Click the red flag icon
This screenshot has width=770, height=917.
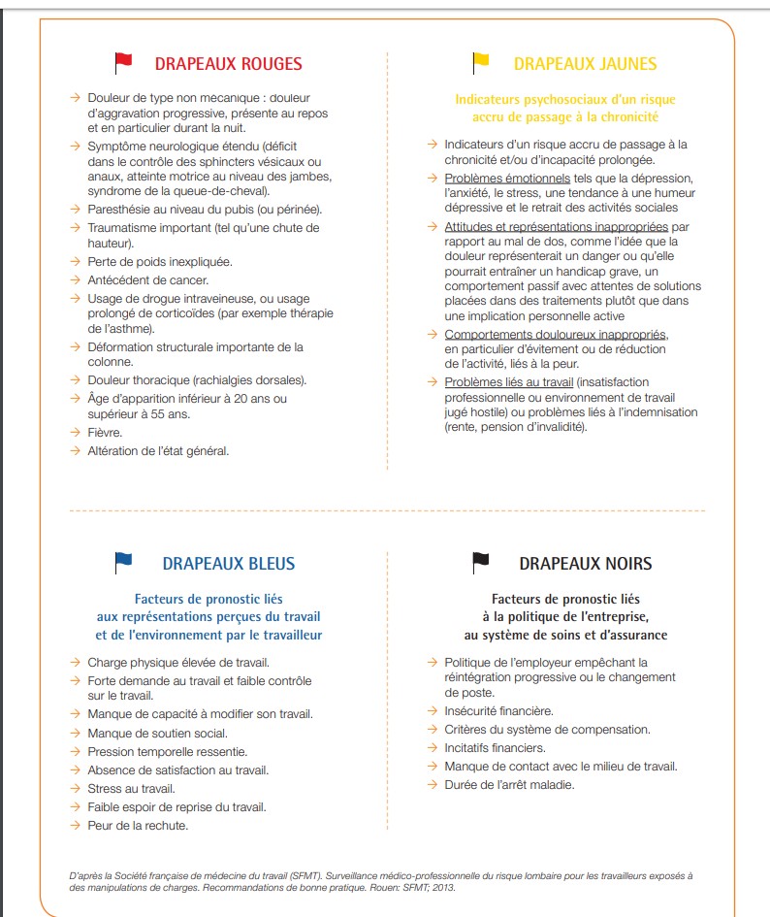[x=123, y=63]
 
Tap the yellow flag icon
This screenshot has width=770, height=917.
[x=480, y=63]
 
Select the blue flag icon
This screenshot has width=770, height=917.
[x=123, y=562]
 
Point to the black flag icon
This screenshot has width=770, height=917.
[x=480, y=562]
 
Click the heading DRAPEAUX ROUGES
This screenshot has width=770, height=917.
[x=228, y=64]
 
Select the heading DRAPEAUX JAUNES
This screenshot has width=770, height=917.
[x=585, y=64]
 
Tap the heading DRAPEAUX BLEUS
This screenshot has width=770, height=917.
[x=228, y=564]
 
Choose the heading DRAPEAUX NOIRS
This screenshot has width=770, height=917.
[x=585, y=564]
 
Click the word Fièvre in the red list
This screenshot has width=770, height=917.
[x=105, y=432]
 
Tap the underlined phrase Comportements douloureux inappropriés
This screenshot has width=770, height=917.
[x=556, y=335]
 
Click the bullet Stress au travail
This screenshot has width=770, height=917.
[x=132, y=789]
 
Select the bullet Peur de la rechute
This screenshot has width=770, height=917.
[x=138, y=826]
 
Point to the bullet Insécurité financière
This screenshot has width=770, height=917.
[x=498, y=711]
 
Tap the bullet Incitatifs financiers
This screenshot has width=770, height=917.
[x=495, y=748]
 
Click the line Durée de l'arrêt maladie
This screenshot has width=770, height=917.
[x=509, y=784]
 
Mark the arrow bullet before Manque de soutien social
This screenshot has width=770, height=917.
[x=75, y=734]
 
